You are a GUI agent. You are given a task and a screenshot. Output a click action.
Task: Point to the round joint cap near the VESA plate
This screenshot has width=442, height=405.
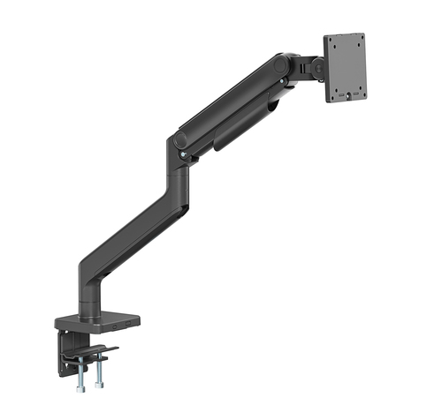pos(282,65)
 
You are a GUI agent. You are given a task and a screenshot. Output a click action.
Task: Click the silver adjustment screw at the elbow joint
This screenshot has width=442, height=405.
pos(183,159)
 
